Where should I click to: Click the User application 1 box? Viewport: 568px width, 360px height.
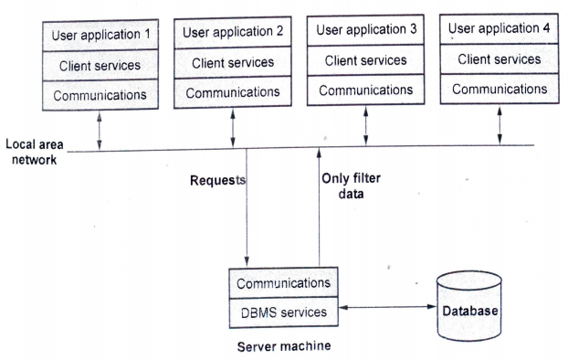100,37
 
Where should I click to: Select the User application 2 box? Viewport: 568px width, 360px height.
233,33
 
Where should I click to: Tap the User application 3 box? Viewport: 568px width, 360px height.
366,30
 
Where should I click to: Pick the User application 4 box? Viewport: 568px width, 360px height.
500,28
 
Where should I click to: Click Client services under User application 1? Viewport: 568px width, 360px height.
100,66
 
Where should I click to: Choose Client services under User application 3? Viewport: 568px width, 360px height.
366,60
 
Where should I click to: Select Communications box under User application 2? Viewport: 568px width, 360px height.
233,92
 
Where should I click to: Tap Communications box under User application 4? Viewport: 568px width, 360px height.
500,89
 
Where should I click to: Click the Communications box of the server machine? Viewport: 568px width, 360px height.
282,282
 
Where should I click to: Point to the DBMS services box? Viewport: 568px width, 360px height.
282,312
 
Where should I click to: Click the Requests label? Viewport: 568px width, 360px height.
217,181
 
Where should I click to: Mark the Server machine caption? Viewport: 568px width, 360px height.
282,347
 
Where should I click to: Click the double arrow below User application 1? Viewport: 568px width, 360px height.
100,128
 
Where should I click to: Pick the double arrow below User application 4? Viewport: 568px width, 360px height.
500,124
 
